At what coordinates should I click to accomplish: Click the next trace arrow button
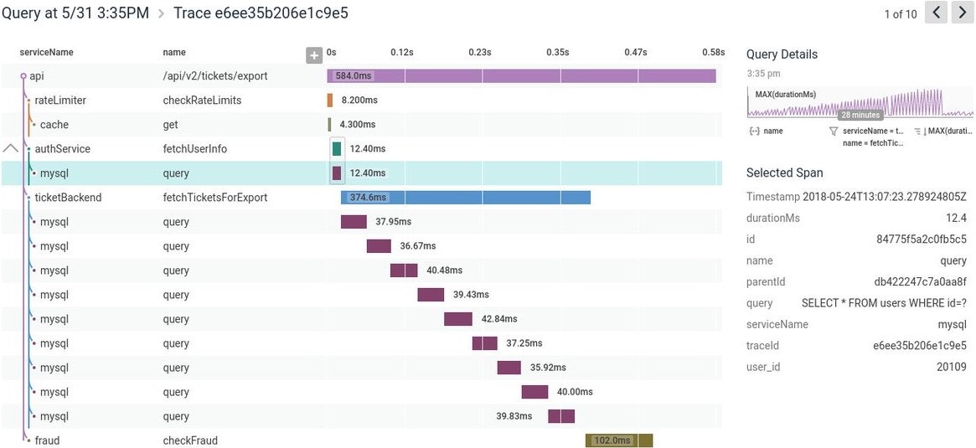pos(962,13)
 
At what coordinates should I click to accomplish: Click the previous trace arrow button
pos(937,13)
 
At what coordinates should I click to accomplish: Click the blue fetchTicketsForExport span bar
pos(466,198)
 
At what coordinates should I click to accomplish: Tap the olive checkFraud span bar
pos(619,440)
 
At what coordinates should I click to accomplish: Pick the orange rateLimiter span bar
pos(330,100)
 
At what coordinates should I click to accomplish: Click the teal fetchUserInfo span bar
pos(337,149)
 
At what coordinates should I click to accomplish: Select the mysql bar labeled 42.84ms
pos(458,319)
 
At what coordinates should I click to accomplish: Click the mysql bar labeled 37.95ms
pos(354,222)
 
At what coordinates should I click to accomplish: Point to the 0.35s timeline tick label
pos(558,52)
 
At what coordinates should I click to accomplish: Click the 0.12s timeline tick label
pos(402,52)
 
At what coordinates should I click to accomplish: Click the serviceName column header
pos(47,53)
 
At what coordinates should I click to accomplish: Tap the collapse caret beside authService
pos(11,148)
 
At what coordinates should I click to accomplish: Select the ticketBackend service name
pos(68,198)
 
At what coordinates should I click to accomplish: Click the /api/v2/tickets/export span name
pos(215,76)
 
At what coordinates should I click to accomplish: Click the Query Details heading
pos(782,54)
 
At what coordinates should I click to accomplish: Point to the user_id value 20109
pos(951,367)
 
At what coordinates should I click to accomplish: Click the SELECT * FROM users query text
pos(884,303)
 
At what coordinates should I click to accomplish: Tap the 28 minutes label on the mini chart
pos(860,115)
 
